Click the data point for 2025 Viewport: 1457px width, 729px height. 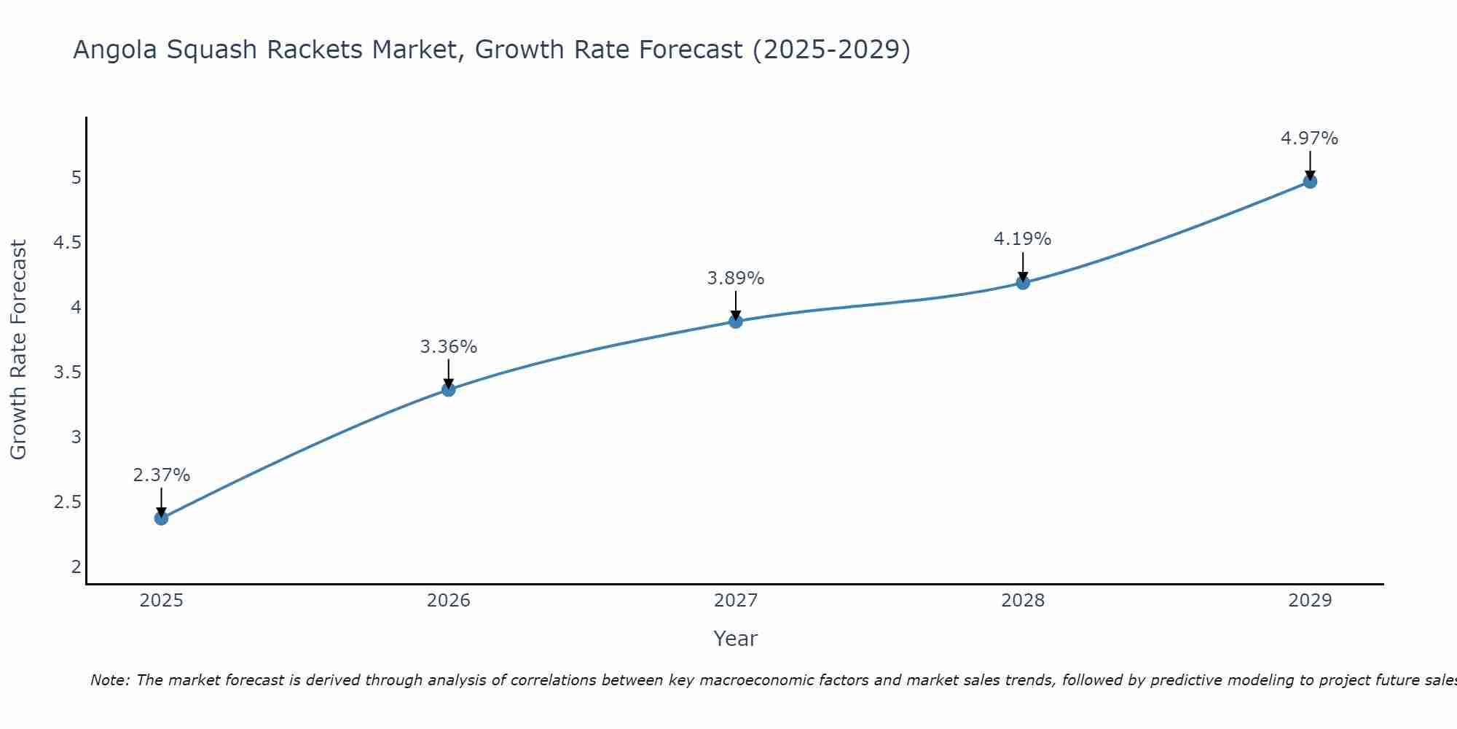[x=161, y=518]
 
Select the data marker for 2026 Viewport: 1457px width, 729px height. [x=449, y=390]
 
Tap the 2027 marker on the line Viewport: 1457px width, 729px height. [x=736, y=321]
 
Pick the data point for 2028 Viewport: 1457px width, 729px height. [x=1023, y=283]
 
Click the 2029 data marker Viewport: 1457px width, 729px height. [x=1310, y=182]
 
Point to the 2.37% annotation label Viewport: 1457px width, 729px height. [x=161, y=475]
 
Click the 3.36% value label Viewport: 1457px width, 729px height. [x=449, y=347]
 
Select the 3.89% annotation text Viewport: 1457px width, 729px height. [x=736, y=278]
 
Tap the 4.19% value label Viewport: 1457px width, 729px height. [x=1023, y=239]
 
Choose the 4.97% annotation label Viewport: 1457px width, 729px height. [x=1310, y=139]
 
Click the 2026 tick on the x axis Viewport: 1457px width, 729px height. [x=449, y=601]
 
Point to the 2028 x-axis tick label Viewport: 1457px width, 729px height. [x=1023, y=601]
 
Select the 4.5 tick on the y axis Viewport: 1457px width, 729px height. [x=67, y=243]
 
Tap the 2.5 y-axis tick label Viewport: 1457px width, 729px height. [x=67, y=502]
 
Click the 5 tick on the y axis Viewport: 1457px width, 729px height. [x=76, y=178]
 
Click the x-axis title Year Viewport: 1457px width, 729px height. [x=736, y=639]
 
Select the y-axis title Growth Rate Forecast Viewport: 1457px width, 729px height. [x=18, y=350]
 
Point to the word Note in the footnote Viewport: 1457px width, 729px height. [x=109, y=680]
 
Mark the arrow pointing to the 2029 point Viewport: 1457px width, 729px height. [x=1310, y=165]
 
